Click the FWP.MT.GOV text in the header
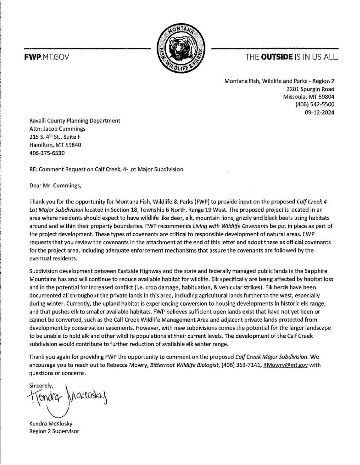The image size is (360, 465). click(x=46, y=57)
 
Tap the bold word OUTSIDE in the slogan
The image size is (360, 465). click(x=277, y=57)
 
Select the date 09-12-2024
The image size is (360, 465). click(x=319, y=113)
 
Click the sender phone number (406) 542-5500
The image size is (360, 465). click(x=315, y=104)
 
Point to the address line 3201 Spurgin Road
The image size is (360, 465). click(x=310, y=89)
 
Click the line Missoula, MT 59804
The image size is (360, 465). click(x=309, y=97)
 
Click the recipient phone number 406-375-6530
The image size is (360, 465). click(x=47, y=153)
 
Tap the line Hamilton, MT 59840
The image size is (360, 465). click(x=55, y=145)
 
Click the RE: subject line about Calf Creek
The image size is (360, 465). click(x=106, y=169)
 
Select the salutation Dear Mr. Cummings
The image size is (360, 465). click(x=55, y=185)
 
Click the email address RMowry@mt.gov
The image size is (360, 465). click(x=285, y=365)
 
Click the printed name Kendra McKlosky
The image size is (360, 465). click(x=51, y=424)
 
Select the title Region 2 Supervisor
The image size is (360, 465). click(x=54, y=431)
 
